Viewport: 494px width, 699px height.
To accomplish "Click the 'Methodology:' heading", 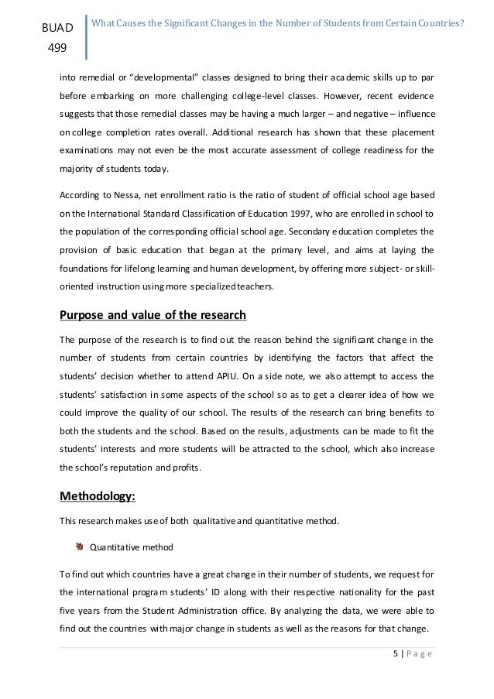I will (x=92, y=497).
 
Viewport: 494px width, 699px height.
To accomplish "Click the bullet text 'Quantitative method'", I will (x=131, y=548).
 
